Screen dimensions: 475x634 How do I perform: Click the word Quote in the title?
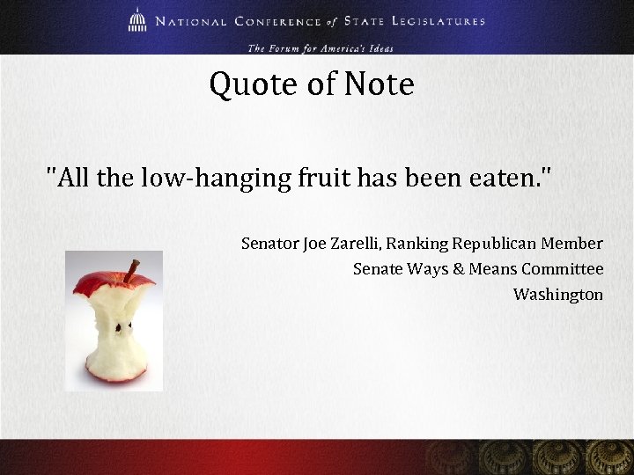[248, 85]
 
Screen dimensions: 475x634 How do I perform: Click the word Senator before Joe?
[269, 243]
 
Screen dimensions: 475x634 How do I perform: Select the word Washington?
[558, 294]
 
